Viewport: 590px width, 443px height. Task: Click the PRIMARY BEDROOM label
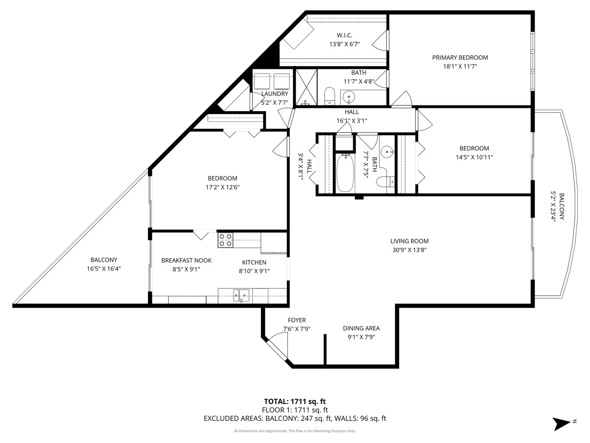click(x=460, y=57)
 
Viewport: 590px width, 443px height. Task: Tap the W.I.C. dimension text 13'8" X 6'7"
click(x=345, y=44)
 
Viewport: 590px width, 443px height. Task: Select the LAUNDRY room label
click(x=275, y=94)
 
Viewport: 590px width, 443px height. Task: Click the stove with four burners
click(x=225, y=240)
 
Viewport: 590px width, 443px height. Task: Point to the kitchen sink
click(x=241, y=295)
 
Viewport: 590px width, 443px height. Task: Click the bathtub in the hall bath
click(x=345, y=173)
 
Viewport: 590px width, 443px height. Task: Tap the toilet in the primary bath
click(x=329, y=96)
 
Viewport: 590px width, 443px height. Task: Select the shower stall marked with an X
click(x=306, y=87)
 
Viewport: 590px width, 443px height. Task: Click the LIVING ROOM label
click(x=409, y=241)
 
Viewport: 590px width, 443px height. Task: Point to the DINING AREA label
click(x=361, y=328)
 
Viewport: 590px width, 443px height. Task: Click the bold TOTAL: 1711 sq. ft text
click(x=295, y=402)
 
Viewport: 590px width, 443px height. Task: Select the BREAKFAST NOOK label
click(x=186, y=260)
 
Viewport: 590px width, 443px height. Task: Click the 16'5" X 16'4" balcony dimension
click(x=104, y=269)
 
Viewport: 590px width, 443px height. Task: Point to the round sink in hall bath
click(x=387, y=152)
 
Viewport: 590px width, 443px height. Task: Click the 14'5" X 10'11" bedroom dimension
click(x=474, y=157)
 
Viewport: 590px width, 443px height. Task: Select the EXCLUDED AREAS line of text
click(x=295, y=418)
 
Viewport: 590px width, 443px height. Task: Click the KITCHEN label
click(x=254, y=262)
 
